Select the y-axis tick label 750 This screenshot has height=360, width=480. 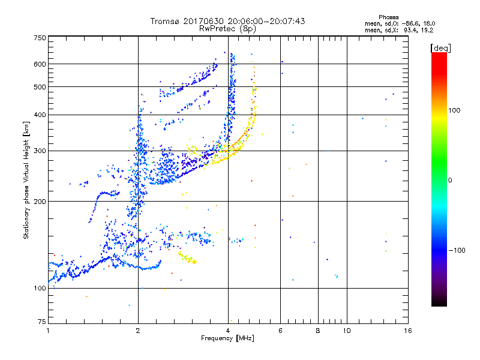click(x=40, y=38)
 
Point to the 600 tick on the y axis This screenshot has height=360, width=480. click(x=40, y=64)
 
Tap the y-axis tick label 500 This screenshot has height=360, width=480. click(x=40, y=87)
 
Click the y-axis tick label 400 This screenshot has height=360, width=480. click(x=40, y=115)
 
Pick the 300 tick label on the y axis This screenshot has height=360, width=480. click(x=40, y=151)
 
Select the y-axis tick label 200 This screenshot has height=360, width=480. click(x=40, y=201)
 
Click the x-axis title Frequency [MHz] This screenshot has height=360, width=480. click(x=227, y=338)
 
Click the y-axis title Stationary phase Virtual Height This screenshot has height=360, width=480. click(x=26, y=180)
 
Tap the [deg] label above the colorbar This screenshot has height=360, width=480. click(x=441, y=47)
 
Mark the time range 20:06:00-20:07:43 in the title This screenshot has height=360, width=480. click(x=266, y=21)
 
